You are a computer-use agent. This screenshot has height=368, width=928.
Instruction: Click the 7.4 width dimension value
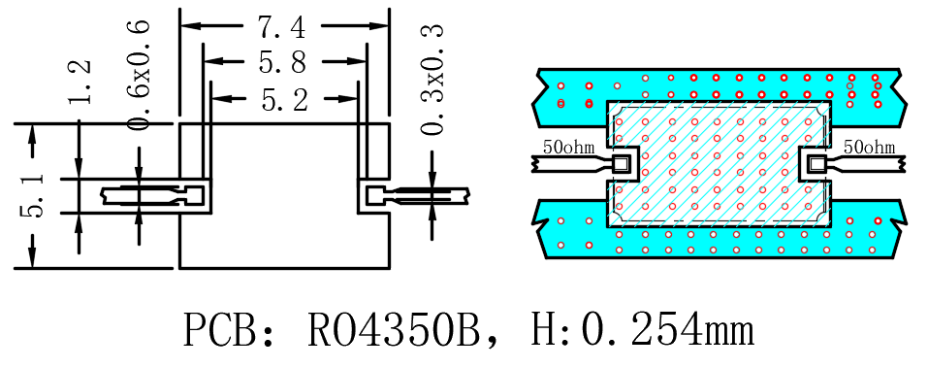coord(281,26)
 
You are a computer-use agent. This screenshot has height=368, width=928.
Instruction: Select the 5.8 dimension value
coord(282,61)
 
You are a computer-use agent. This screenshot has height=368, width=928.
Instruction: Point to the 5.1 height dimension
coord(33,195)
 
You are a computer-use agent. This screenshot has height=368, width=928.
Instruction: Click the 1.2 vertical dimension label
coord(80,83)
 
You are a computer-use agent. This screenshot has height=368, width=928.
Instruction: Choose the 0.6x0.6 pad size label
coord(139,74)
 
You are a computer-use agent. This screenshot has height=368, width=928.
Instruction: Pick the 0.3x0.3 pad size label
coord(432,79)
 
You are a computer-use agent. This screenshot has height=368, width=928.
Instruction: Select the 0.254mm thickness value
coord(667,330)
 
